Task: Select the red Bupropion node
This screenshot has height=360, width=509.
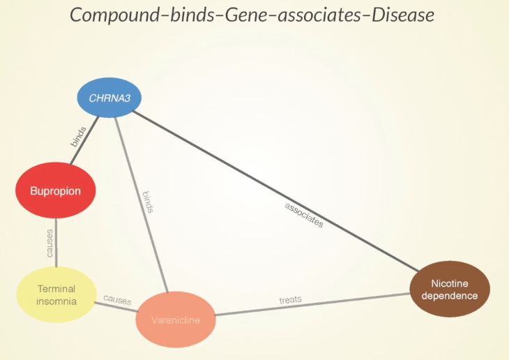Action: point(56,190)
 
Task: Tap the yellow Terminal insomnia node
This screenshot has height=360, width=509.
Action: point(56,294)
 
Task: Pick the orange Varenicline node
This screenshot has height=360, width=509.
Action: point(176,320)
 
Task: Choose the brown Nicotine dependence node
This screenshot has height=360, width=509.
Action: point(450,290)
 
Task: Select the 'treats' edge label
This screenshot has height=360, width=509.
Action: point(290,299)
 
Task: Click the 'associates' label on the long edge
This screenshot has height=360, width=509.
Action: point(304,215)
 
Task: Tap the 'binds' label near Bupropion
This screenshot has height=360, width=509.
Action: point(78,136)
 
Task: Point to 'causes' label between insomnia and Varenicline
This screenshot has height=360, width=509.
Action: point(117,300)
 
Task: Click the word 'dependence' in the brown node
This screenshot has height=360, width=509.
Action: point(450,296)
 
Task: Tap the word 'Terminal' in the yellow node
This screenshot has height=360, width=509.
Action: point(56,289)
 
